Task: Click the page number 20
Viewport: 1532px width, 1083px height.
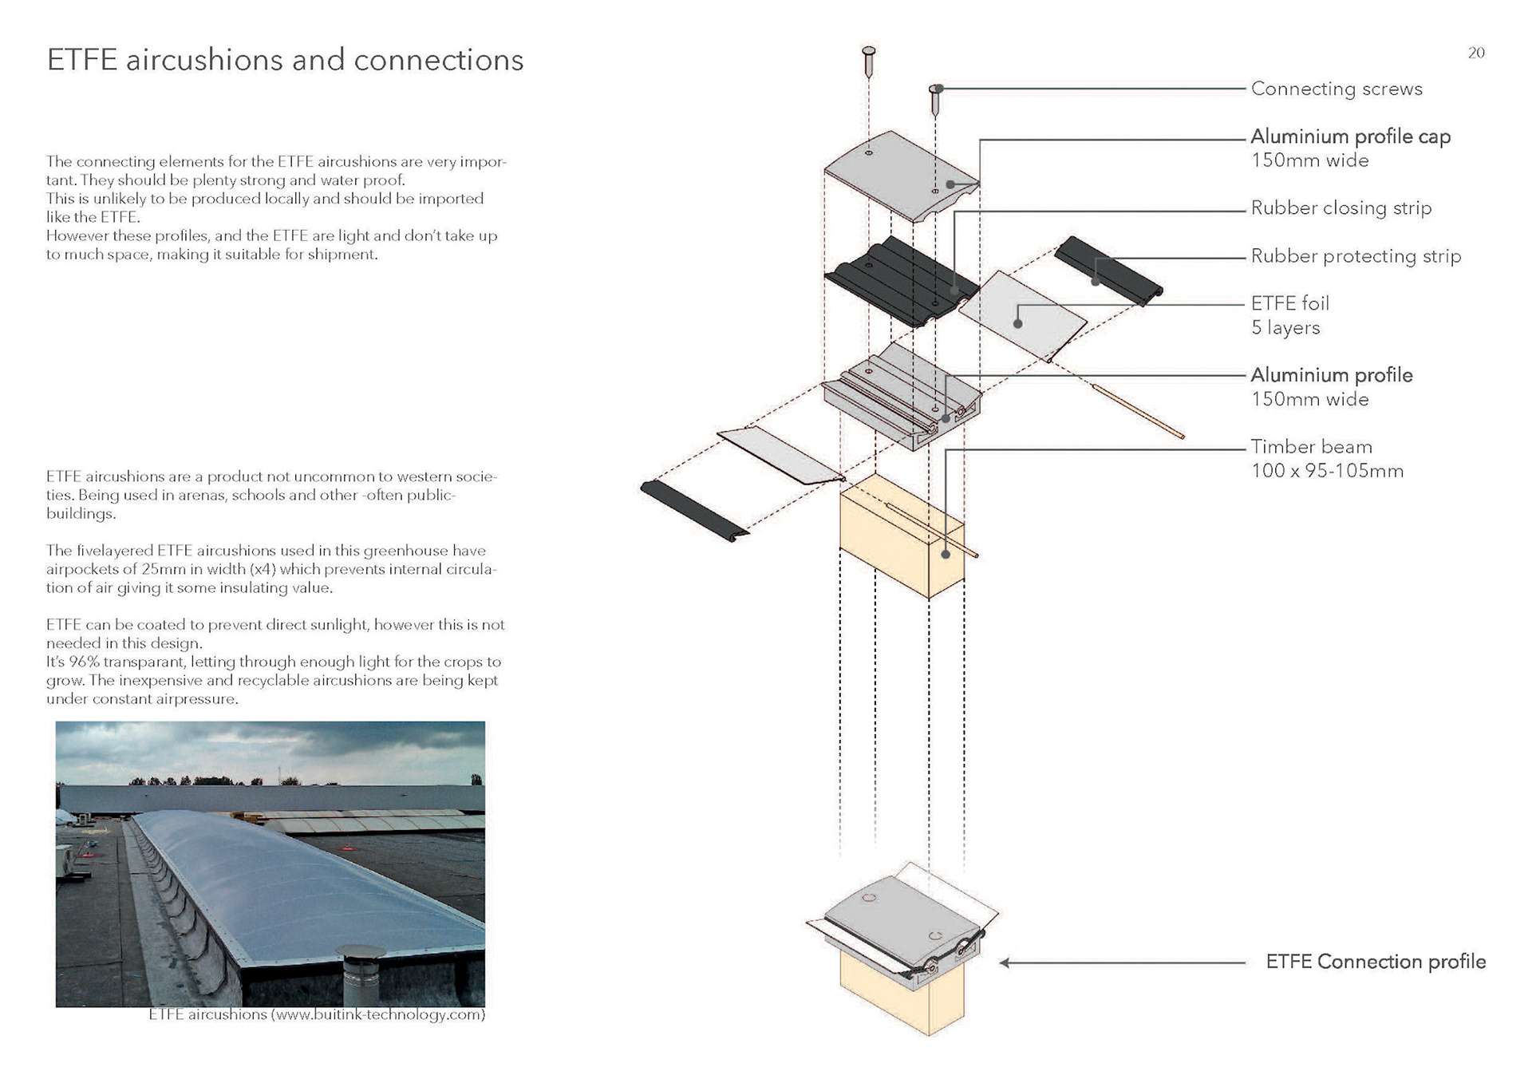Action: (1475, 53)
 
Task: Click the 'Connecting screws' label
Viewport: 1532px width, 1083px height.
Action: (1336, 89)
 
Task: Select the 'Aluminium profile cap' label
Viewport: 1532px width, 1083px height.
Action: (1350, 136)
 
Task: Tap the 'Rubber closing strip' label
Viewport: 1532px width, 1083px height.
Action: (1340, 208)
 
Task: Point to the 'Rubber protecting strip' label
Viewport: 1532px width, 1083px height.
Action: (1356, 256)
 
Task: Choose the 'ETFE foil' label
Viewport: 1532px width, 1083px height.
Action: (1289, 303)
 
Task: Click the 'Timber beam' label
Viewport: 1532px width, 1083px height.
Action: (1311, 447)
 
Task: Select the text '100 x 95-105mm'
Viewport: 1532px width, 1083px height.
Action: (1326, 471)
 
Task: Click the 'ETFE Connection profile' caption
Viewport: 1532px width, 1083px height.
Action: (1375, 962)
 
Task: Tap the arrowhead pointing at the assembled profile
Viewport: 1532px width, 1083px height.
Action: (1005, 963)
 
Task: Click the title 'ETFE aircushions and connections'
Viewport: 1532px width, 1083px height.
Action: (285, 61)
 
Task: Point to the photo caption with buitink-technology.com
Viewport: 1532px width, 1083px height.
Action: (317, 1015)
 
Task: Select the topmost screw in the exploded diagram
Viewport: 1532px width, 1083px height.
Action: (869, 60)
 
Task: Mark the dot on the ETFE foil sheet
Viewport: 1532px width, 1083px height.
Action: (1017, 324)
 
